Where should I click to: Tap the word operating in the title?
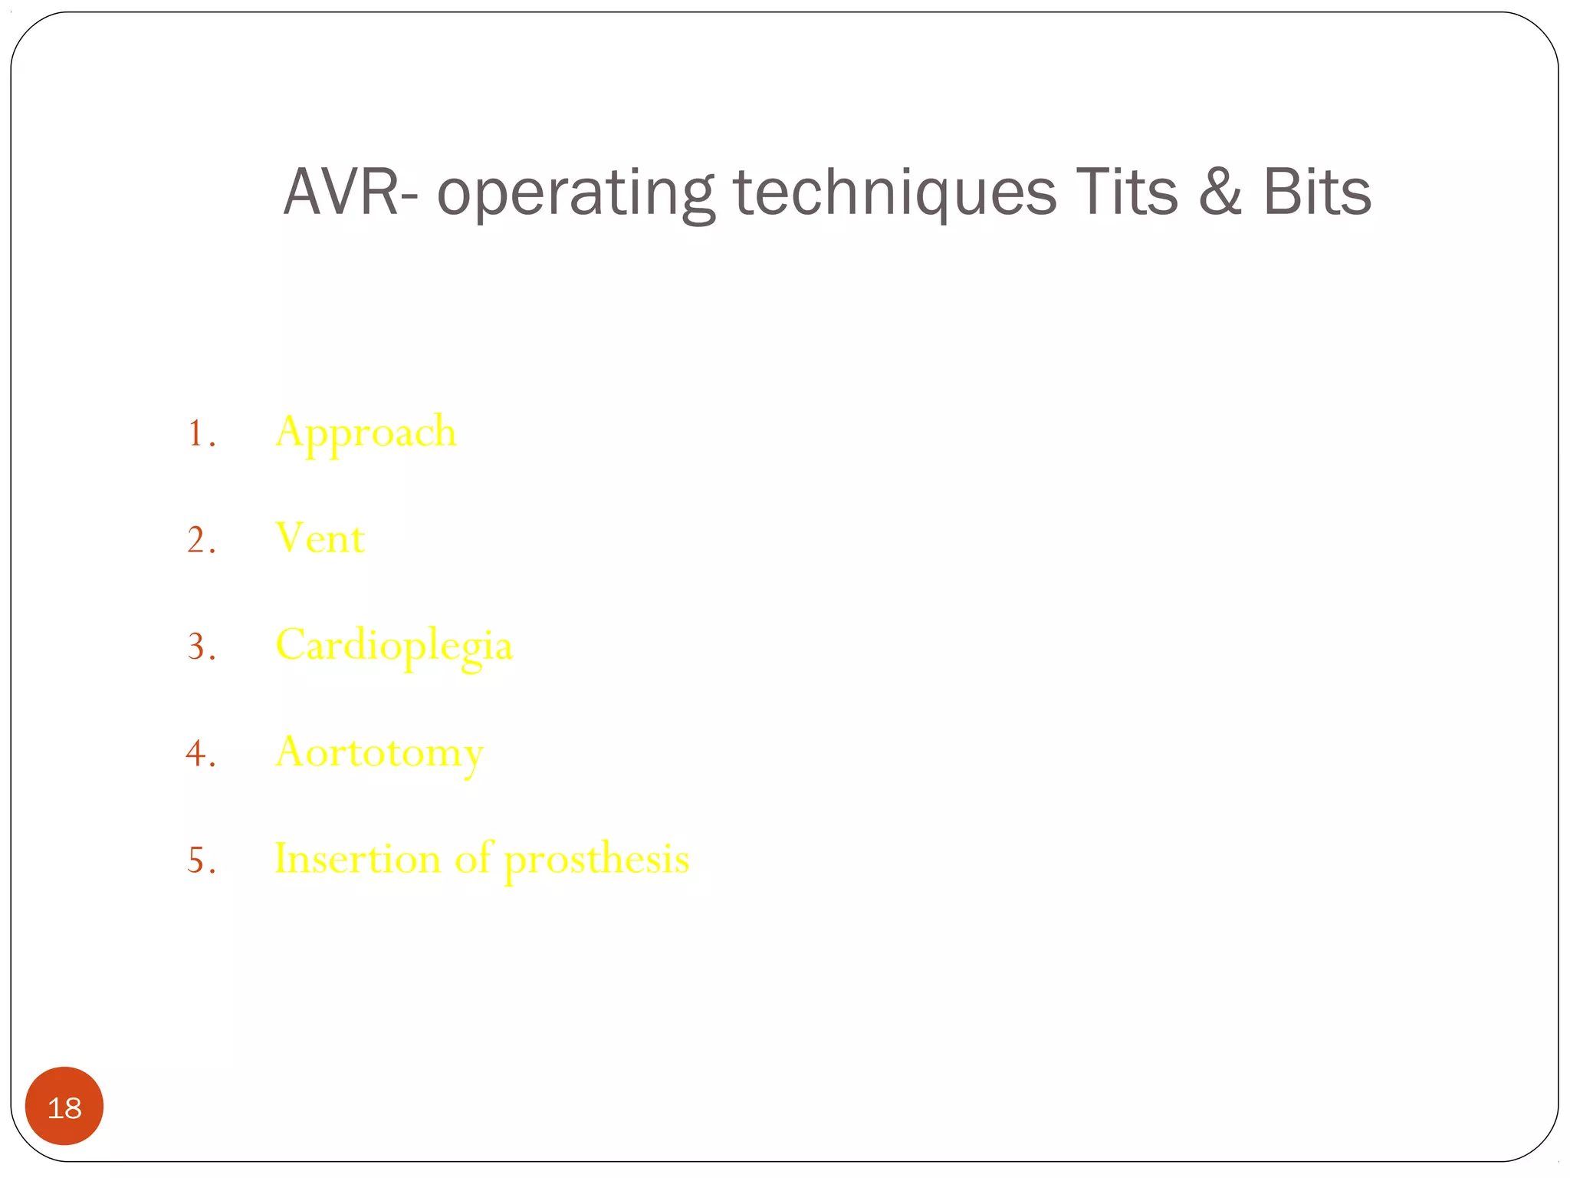[575, 193]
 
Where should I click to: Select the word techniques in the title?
[894, 193]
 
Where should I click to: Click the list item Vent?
[320, 538]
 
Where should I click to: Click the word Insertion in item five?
[357, 859]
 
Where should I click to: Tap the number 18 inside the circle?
[64, 1108]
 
